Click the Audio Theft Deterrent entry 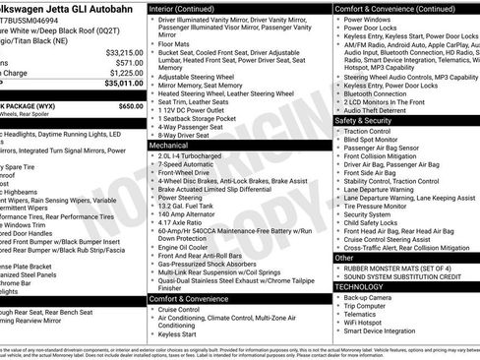[x=379, y=109]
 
